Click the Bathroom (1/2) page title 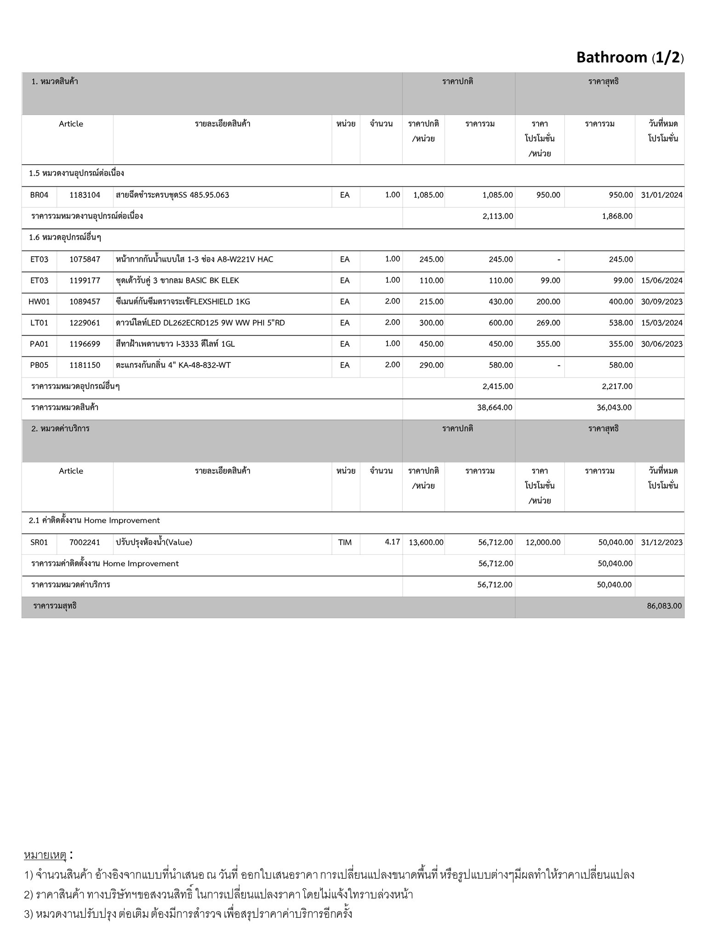[x=630, y=57]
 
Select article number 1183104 [x=85, y=195]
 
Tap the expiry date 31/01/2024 [x=661, y=195]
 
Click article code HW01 [x=39, y=302]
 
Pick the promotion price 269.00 [x=548, y=323]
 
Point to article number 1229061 [x=85, y=323]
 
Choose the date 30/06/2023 [x=661, y=344]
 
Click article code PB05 [x=39, y=365]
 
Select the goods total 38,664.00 [x=495, y=408]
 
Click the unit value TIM [x=345, y=542]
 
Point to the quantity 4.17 [x=392, y=542]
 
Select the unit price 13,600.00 [x=426, y=542]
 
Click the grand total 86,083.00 [x=664, y=606]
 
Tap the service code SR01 [x=39, y=542]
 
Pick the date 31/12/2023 [x=661, y=542]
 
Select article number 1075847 [x=85, y=259]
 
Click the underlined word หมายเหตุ [x=45, y=855]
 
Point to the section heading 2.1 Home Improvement [x=94, y=521]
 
